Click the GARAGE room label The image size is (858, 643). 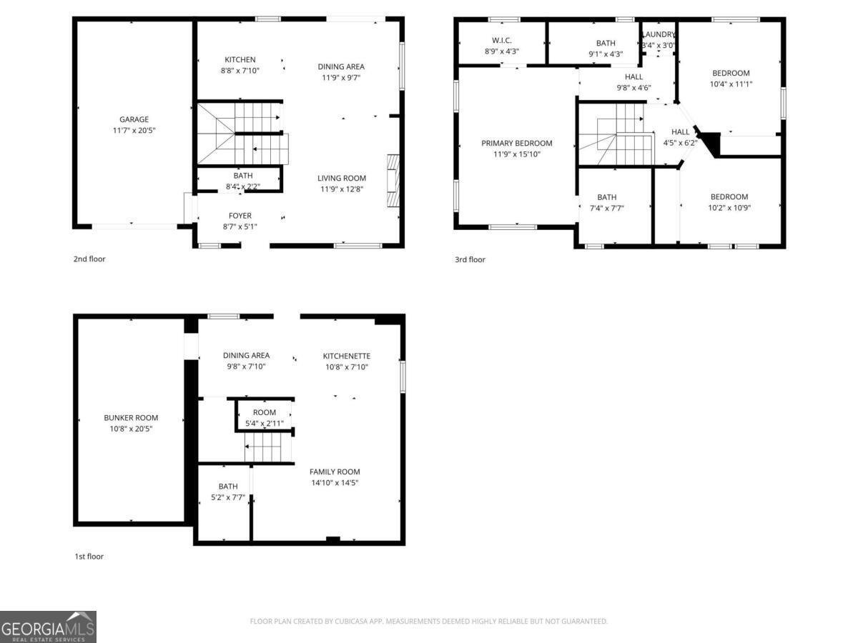pos(134,119)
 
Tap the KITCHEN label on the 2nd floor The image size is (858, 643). pos(240,60)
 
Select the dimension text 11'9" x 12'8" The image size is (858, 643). pos(341,189)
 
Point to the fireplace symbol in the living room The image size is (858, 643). pos(393,180)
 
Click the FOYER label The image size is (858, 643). pos(240,216)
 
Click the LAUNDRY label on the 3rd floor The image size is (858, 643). pos(659,34)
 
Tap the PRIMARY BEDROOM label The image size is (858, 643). pos(516,144)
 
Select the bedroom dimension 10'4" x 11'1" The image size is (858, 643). pos(731,84)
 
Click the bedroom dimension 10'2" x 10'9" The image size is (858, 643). pos(729,208)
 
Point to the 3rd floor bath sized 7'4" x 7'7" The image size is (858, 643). pos(606,203)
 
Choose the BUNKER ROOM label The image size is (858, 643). pos(131,418)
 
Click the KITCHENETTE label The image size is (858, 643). pos(346,356)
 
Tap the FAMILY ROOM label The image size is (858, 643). pos(334,472)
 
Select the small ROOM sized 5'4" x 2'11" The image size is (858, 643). pos(264,418)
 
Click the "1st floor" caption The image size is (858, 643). pos(89,557)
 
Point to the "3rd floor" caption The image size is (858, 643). pos(470,259)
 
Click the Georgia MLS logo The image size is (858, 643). pos(48,627)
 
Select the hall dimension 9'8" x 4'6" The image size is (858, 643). pos(633,88)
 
